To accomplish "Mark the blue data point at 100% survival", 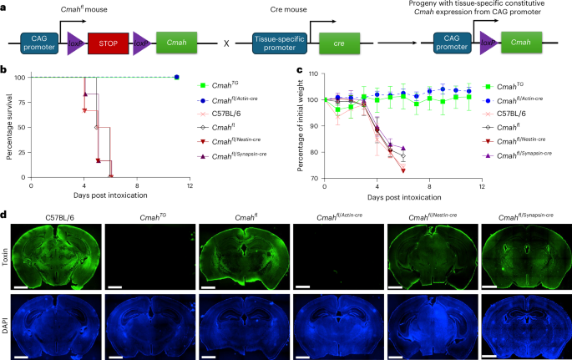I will pos(177,77).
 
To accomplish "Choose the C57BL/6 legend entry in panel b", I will pos(232,114).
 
